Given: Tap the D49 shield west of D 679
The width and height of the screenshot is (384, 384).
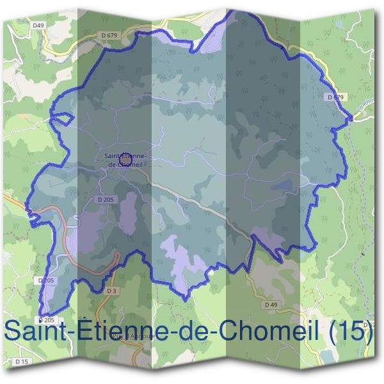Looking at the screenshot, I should (x=39, y=26).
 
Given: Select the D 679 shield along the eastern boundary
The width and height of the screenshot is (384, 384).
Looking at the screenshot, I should (x=335, y=97).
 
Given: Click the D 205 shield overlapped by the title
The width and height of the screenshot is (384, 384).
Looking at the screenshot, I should (x=47, y=319).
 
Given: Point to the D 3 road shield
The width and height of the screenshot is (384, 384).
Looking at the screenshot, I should (x=111, y=291).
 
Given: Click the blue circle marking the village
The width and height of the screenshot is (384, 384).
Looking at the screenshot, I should (x=126, y=156).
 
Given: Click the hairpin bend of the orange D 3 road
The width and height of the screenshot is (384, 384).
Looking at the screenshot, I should (x=117, y=257).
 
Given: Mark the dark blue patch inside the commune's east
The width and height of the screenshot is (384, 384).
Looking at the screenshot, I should (x=282, y=185).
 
